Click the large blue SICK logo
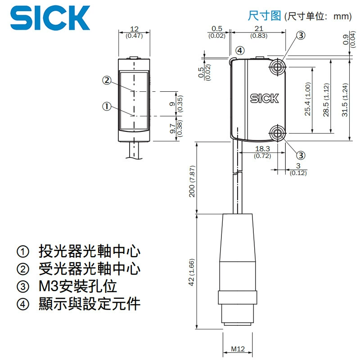pyautogui.click(x=50, y=18)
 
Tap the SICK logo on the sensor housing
pyautogui.click(x=264, y=98)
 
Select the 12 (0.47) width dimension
pyautogui.click(x=134, y=32)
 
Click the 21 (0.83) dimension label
pyautogui.click(x=259, y=32)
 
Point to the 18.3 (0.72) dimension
pyautogui.click(x=262, y=152)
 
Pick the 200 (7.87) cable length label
pyautogui.click(x=192, y=181)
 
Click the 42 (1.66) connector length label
pyautogui.click(x=192, y=272)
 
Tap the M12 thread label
pyautogui.click(x=238, y=349)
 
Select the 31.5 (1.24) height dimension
pyautogui.click(x=345, y=100)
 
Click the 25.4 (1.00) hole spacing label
pyautogui.click(x=308, y=99)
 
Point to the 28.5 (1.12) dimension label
pyautogui.click(x=326, y=100)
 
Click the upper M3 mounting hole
pyautogui.click(x=278, y=67)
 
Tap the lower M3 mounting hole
pyautogui.click(x=278, y=133)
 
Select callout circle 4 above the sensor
pyautogui.click(x=240, y=50)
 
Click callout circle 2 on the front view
pyautogui.click(x=107, y=81)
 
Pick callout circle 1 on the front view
pyautogui.click(x=107, y=107)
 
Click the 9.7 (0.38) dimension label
pyautogui.click(x=176, y=128)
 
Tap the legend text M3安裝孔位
pyautogui.click(x=77, y=286)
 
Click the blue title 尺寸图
pyautogui.click(x=264, y=16)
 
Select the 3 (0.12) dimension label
pyautogui.click(x=298, y=169)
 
